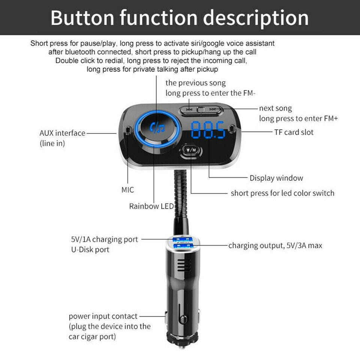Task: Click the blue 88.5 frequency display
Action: [x=208, y=130]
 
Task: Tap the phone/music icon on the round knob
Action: [x=157, y=128]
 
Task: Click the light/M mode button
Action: [x=191, y=150]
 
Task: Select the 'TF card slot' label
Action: [x=294, y=132]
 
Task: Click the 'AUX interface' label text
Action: [x=62, y=133]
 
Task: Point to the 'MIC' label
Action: [x=127, y=190]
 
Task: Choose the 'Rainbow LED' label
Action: [x=151, y=206]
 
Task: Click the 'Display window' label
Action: [x=276, y=178]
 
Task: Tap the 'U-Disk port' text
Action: [x=90, y=250]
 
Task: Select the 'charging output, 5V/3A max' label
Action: [x=275, y=246]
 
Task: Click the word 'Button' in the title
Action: [x=82, y=18]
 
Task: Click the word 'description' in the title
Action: [x=256, y=18]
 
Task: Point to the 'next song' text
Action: [x=276, y=108]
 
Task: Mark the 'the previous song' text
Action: [x=196, y=83]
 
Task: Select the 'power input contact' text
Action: [x=103, y=316]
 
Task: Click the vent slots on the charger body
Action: [x=184, y=265]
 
